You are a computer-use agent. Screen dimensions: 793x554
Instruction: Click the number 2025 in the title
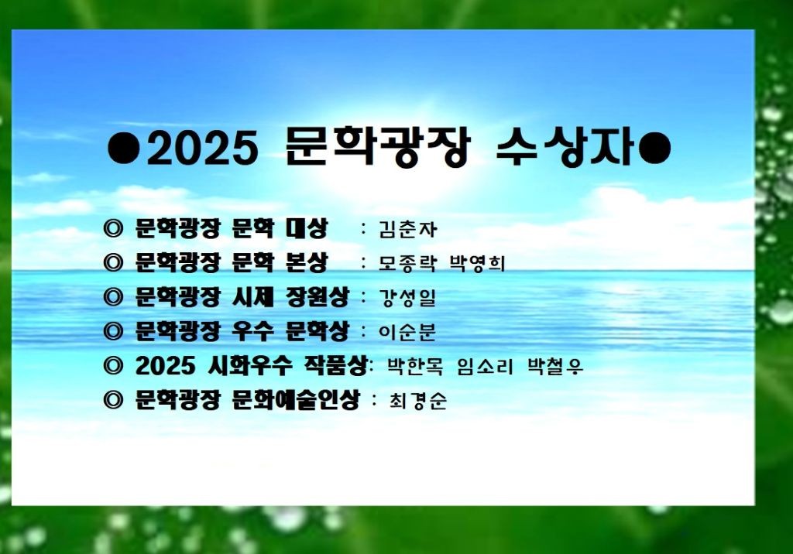click(203, 148)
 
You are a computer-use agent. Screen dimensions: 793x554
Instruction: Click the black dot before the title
click(123, 148)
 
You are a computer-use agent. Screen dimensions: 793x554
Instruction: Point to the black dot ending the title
click(654, 148)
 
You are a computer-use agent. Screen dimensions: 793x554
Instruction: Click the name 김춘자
click(407, 230)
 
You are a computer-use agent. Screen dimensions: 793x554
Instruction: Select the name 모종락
click(407, 263)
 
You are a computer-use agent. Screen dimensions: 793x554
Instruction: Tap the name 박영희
click(477, 263)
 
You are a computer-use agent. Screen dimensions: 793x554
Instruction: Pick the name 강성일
click(407, 298)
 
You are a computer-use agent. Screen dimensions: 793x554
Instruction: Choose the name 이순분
click(407, 332)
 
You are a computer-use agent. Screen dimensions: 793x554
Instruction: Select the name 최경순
click(417, 401)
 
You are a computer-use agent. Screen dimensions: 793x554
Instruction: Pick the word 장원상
click(317, 296)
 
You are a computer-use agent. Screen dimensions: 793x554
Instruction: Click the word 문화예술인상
click(296, 400)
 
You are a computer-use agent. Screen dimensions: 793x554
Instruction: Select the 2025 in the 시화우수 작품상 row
click(166, 365)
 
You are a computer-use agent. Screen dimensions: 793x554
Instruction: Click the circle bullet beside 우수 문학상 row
click(113, 332)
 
